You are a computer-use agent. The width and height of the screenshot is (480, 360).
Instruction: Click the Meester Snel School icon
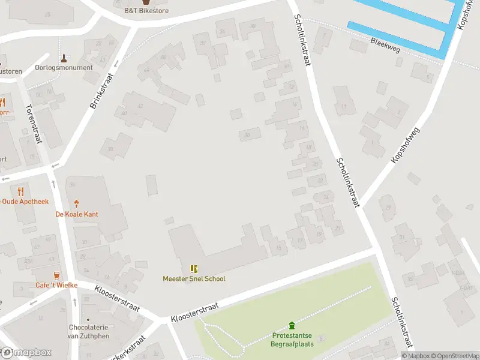(194, 269)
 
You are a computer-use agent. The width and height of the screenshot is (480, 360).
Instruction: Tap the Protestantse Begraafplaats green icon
(292, 326)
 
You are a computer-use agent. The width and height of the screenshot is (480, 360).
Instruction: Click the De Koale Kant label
(76, 214)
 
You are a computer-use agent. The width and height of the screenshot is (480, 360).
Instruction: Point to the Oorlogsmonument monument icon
(64, 58)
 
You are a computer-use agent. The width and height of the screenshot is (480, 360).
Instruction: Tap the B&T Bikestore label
(146, 11)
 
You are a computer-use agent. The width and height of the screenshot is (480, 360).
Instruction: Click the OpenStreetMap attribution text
(451, 356)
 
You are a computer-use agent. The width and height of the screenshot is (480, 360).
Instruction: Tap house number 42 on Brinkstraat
(140, 106)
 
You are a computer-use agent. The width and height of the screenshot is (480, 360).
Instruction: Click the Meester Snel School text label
(194, 279)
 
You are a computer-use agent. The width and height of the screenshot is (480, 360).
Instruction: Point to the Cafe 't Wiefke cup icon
(56, 275)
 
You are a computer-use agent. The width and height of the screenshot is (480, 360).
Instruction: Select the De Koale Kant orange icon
(76, 204)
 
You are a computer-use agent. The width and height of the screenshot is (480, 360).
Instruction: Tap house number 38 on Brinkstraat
(110, 149)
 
